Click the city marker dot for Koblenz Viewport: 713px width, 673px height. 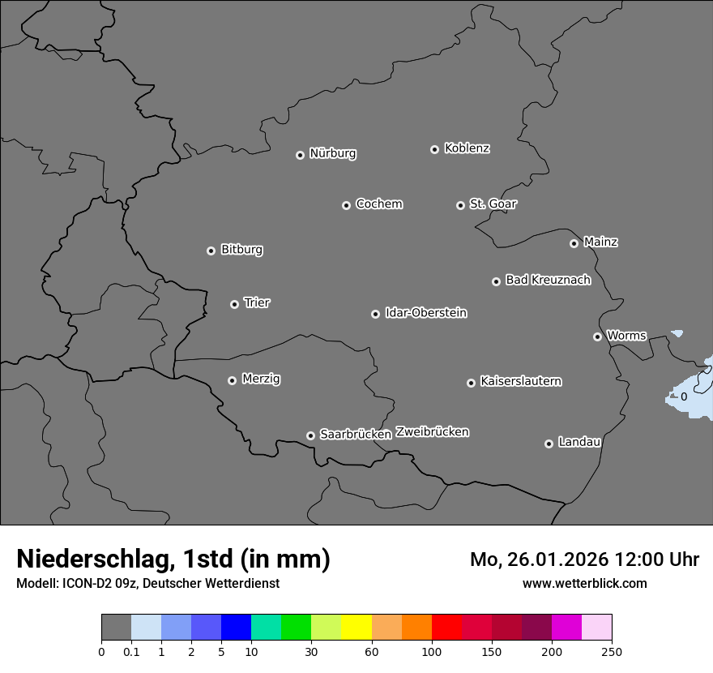coord(434,149)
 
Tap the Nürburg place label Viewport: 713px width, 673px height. coord(333,153)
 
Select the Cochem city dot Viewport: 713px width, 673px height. coord(346,205)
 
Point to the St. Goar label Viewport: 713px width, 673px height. coord(493,204)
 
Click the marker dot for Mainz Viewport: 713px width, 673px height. coord(574,243)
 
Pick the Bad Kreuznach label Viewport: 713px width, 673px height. coord(548,280)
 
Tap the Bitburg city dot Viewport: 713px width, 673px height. coord(211,251)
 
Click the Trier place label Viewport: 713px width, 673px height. coord(257,302)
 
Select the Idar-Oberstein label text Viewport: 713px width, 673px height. coord(426,312)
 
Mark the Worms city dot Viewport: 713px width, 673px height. coord(597,336)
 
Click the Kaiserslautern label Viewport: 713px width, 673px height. coord(521,381)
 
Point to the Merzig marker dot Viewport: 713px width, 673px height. coord(232,380)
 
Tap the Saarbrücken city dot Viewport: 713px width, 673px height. coord(310,435)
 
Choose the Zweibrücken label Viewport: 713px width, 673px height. coord(432,431)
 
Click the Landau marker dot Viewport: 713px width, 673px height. coord(549,444)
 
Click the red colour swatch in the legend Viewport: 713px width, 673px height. coord(446,628)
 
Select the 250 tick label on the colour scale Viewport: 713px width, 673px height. coord(612,650)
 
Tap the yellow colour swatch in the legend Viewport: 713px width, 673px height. coord(356,628)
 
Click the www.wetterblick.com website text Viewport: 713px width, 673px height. coord(584,583)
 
